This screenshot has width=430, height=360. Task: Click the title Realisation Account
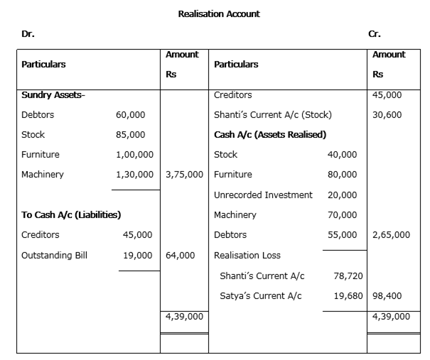[x=219, y=14]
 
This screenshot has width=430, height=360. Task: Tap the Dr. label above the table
[x=28, y=34]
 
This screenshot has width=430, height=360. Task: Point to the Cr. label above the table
[x=375, y=34]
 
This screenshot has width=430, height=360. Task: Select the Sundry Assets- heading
[x=53, y=95]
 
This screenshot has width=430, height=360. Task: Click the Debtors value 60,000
[x=130, y=115]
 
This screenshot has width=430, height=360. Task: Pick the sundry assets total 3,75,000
[x=184, y=175]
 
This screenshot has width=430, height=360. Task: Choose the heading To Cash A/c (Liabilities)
[x=71, y=215]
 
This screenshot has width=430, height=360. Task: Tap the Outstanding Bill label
[x=54, y=256]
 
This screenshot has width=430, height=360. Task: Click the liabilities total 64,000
[x=180, y=256]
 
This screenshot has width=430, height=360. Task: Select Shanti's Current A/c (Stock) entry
[x=273, y=115]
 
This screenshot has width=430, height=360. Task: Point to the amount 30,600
[x=387, y=115]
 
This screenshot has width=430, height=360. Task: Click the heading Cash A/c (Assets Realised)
[x=270, y=135]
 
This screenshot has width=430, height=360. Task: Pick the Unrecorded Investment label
[x=263, y=195]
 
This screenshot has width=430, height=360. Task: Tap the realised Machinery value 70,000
[x=343, y=215]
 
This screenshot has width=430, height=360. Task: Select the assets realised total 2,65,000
[x=391, y=235]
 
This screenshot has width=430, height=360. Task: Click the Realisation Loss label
[x=247, y=256]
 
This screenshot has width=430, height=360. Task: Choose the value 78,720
[x=348, y=276]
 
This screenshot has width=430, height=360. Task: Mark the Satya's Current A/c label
[x=261, y=296]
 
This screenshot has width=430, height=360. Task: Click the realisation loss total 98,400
[x=387, y=296]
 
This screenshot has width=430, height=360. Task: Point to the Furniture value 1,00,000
[x=134, y=155]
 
